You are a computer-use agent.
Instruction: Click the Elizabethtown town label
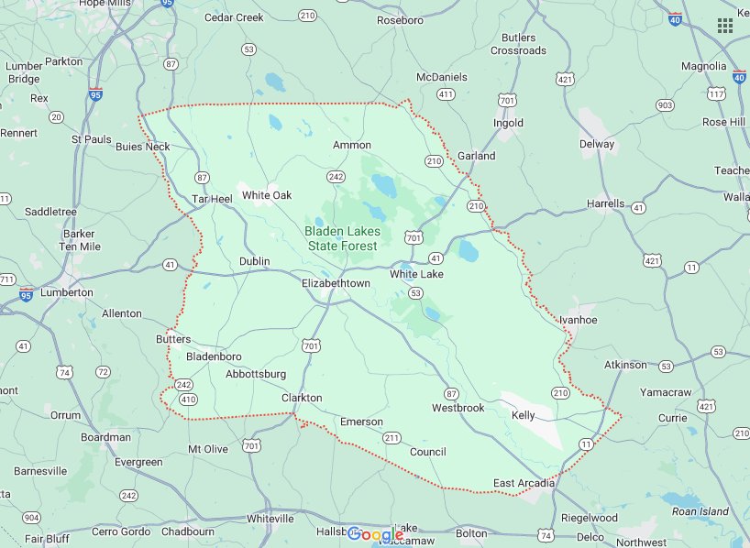coord(336,283)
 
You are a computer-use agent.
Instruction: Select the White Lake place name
coord(416,274)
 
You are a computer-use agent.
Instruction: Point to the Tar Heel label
coord(212,198)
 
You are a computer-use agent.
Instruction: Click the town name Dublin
coord(254,261)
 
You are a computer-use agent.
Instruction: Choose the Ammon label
coord(352,145)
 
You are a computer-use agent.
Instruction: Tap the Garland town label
coord(476,156)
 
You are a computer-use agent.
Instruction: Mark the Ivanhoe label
coord(579,320)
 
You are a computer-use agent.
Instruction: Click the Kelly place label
coord(523,415)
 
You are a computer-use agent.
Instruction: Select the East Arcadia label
coord(524,483)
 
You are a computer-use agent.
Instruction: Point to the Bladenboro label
coord(214,356)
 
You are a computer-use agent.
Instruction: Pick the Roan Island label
coord(700,511)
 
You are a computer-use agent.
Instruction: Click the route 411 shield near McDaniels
coord(446,94)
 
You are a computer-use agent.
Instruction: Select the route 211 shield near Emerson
coord(392,437)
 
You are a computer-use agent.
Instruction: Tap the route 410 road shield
coord(188,399)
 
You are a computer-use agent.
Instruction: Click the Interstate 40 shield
coord(675,18)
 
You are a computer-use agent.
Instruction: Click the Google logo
coord(375,534)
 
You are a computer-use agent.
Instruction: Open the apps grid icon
coord(724,25)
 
